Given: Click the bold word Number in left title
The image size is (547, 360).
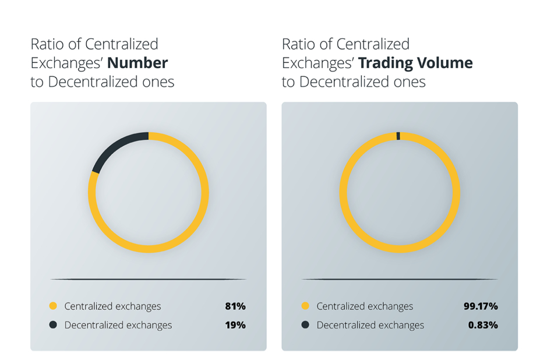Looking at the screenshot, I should [x=142, y=63].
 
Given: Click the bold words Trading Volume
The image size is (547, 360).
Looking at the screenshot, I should [x=415, y=63].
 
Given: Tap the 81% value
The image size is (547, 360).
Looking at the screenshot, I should [x=235, y=306].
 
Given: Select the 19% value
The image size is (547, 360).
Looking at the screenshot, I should [x=235, y=325].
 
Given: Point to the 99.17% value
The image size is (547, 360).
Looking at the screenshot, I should [x=480, y=306].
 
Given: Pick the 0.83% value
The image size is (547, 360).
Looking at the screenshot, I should [x=483, y=325].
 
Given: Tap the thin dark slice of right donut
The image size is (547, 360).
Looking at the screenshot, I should [x=398, y=136].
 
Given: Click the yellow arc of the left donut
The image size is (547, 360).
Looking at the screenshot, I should [x=149, y=249].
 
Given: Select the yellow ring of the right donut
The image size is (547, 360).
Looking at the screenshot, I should [x=400, y=249].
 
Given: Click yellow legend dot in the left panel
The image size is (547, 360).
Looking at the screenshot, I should [x=53, y=306].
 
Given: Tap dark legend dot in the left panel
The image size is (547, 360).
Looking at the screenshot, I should [x=53, y=325].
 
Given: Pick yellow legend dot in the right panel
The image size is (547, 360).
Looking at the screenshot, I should [x=305, y=306].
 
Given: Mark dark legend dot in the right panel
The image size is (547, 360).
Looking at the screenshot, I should [x=305, y=325].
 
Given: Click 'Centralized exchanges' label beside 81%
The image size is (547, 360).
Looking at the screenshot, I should [x=112, y=306].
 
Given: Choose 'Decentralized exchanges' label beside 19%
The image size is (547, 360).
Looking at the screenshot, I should [x=118, y=325].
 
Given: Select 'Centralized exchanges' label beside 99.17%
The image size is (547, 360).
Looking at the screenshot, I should [x=365, y=306].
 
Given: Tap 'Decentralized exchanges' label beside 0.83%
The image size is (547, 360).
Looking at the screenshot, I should [x=370, y=325].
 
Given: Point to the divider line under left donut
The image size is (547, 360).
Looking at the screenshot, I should [x=149, y=280].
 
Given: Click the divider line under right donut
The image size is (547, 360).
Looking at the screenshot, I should [x=400, y=280].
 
